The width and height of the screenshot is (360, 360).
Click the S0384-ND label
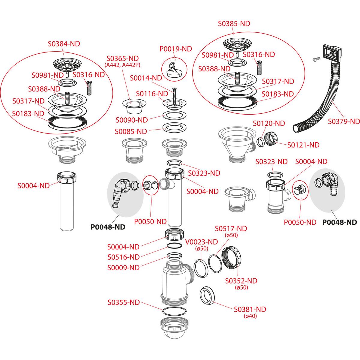[64, 43]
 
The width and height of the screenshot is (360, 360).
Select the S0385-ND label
[234, 24]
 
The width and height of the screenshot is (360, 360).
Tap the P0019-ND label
[175, 49]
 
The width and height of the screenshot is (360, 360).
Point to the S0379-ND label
[343, 121]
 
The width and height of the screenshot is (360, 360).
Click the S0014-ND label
[146, 78]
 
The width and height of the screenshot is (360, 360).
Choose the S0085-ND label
[131, 131]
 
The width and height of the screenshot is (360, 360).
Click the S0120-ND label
[269, 123]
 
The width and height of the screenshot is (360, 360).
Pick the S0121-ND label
[303, 145]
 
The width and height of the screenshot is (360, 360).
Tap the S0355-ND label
[124, 302]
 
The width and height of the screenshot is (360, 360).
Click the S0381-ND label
[250, 309]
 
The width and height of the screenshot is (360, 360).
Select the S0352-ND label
[241, 281]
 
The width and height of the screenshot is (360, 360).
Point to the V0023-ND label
[202, 242]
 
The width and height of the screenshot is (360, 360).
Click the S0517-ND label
[231, 229]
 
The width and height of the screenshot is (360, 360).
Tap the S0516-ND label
[123, 257]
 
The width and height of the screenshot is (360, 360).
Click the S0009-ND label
[123, 268]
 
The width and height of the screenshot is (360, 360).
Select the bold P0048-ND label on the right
[340, 222]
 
